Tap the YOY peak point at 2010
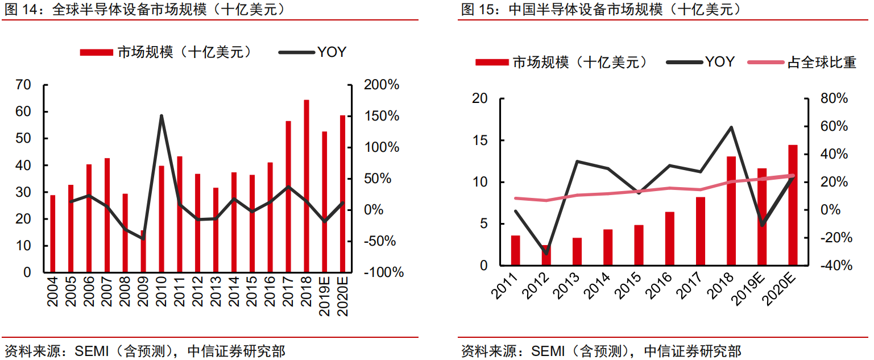161,116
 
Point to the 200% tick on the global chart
381,85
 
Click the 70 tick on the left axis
23,85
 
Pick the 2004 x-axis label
53,292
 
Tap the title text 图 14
19,9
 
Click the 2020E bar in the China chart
793,205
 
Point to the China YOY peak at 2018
731,127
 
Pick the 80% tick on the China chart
834,98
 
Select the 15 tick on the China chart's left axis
481,140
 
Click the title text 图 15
476,9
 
